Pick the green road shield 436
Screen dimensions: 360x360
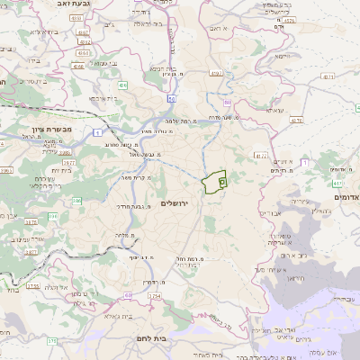pyautogui.click(x=121, y=85)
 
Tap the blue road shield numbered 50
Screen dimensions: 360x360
pyautogui.click(x=171, y=96)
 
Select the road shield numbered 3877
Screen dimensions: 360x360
pyautogui.click(x=29, y=251)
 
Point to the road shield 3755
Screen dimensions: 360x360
pyautogui.click(x=33, y=285)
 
